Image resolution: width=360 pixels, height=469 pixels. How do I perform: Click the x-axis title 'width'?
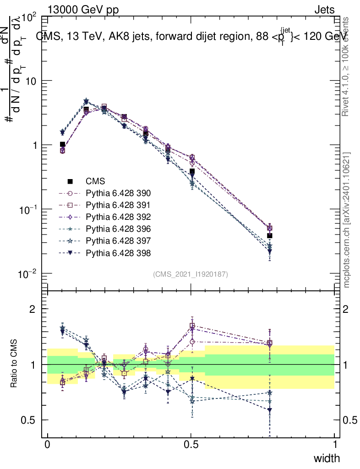tap(327, 458)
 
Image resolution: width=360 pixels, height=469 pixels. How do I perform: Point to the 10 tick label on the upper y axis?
tap(33, 81)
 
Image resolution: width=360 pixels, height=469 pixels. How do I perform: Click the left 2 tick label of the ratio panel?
tap(33, 309)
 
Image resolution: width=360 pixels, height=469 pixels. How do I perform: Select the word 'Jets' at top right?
tap(324, 10)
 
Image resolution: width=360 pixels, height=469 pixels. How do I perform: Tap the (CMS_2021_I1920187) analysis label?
tap(191, 274)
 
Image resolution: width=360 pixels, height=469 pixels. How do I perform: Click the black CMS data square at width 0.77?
tap(270, 236)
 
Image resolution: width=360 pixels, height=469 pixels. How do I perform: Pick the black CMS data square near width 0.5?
tap(192, 171)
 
